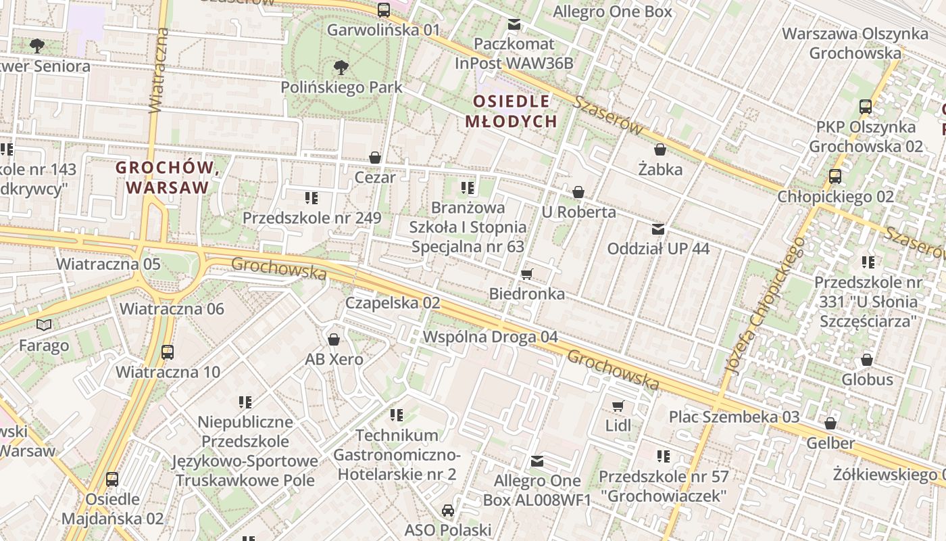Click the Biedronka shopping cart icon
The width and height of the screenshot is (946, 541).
tap(527, 274)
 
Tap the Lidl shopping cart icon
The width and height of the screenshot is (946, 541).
tap(618, 406)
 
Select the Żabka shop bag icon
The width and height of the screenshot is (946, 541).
tap(660, 149)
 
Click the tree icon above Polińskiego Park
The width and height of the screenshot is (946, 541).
tap(341, 67)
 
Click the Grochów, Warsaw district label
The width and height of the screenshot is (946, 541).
tap(168, 177)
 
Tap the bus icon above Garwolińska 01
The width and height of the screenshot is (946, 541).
tap(384, 9)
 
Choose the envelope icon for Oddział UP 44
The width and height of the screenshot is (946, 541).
tap(658, 229)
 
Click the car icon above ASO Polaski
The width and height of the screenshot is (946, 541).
tap(447, 510)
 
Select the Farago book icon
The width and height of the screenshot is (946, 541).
tap(44, 325)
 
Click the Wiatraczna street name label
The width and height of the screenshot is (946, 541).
tap(157, 71)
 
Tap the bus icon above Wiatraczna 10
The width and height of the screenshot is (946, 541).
tap(168, 352)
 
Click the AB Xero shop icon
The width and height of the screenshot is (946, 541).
tap(334, 339)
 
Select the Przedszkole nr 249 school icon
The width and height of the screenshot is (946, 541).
tap(312, 198)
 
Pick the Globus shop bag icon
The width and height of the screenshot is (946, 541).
tap(866, 360)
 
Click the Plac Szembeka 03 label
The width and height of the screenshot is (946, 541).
tap(734, 417)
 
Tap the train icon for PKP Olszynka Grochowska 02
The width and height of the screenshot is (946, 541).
tap(866, 106)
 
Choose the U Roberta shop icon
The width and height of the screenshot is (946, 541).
tap(578, 193)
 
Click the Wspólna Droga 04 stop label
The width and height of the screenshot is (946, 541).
tap(491, 337)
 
